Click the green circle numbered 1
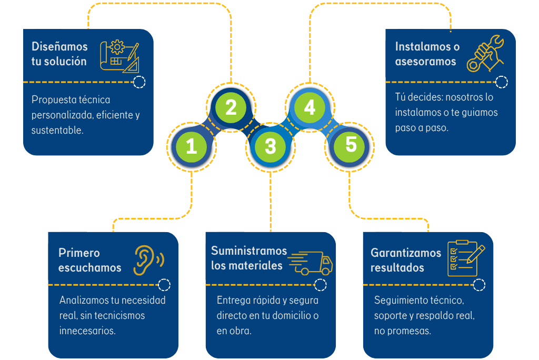pyautogui.click(x=192, y=146)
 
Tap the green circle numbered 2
pyautogui.click(x=231, y=107)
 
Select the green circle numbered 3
pyautogui.click(x=270, y=146)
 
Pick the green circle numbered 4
pyautogui.click(x=310, y=107)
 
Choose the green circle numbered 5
pyautogui.click(x=351, y=145)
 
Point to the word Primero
pyautogui.click(x=79, y=253)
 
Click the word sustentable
pyautogui.click(x=57, y=130)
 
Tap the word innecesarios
pyautogui.click(x=87, y=331)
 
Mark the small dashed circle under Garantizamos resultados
pyautogui.click(x=479, y=285)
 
